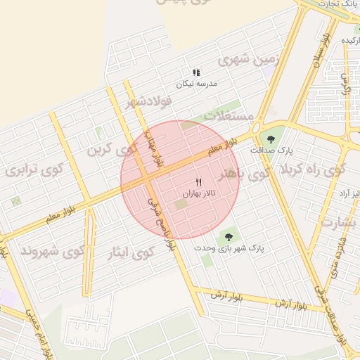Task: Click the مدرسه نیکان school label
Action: tap(197, 84)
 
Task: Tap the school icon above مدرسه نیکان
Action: tap(197, 72)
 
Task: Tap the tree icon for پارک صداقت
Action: tap(272, 139)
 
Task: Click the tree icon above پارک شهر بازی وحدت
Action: tap(228, 236)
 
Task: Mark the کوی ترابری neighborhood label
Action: tap(34, 169)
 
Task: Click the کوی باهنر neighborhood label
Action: tap(243, 172)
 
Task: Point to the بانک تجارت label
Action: tap(340, 4)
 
